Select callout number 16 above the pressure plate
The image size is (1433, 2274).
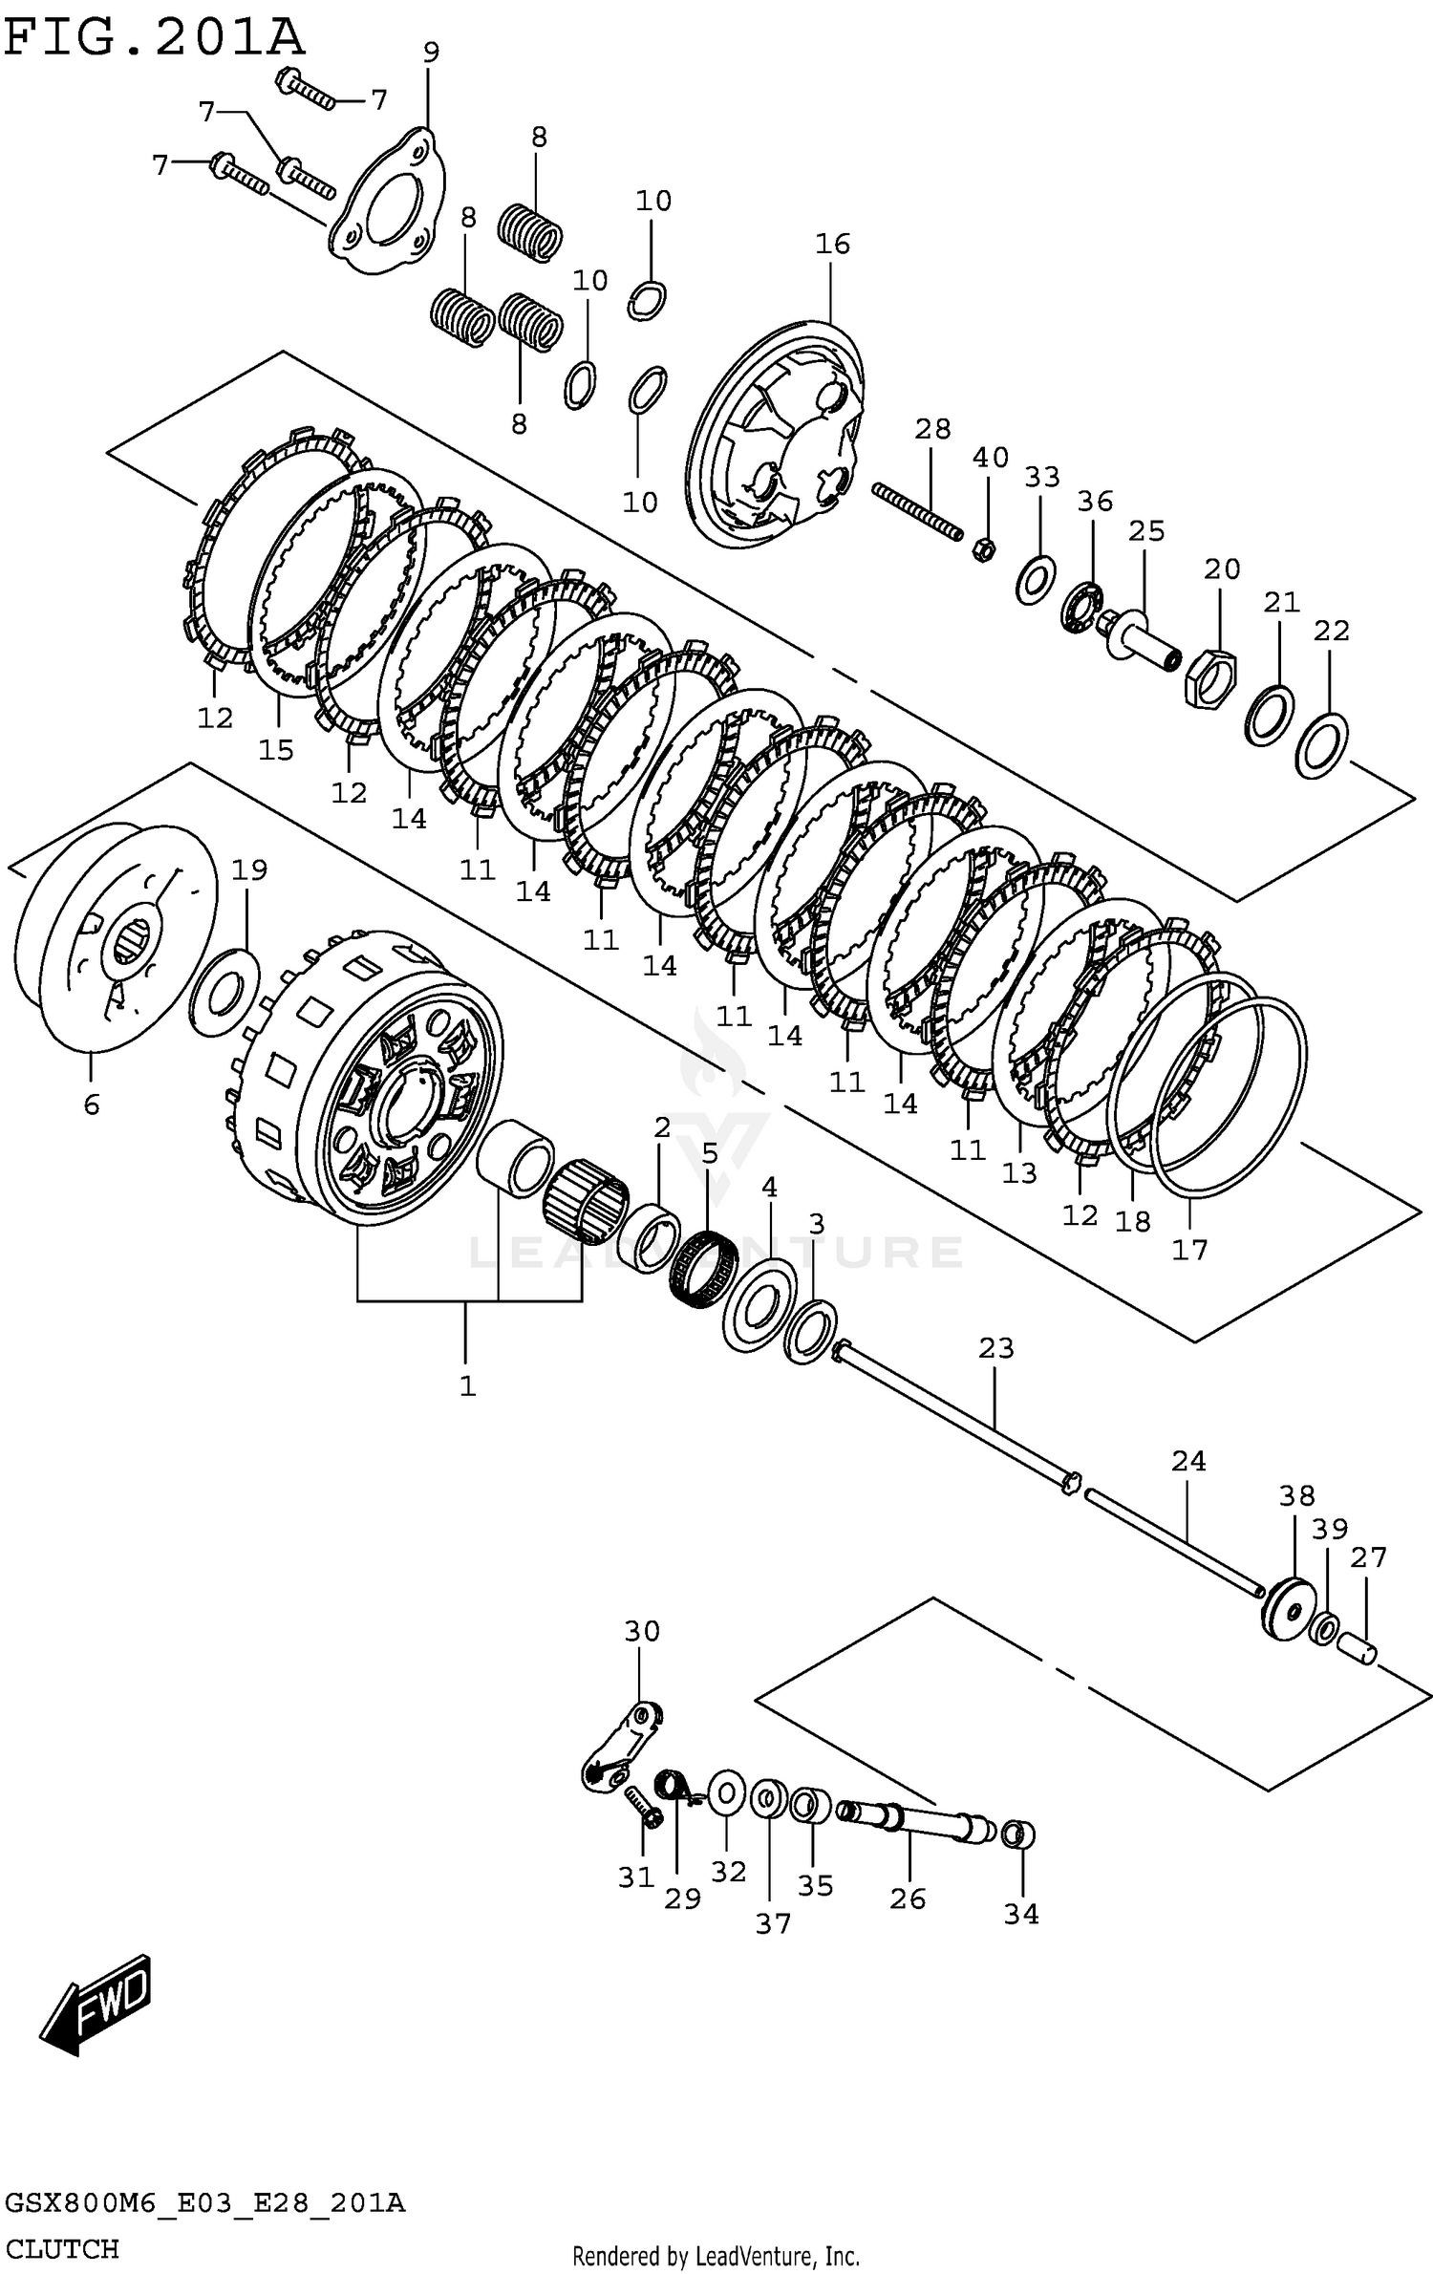pos(832,245)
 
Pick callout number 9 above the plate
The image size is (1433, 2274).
pos(431,53)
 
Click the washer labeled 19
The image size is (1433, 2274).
pos(225,993)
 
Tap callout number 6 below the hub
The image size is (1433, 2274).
pos(92,1105)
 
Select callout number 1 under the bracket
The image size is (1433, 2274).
pos(467,1386)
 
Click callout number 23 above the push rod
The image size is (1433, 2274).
pos(995,1348)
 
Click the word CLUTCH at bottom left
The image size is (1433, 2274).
pos(62,2248)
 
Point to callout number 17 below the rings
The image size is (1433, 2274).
pos(1190,1249)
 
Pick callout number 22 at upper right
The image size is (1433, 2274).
pos(1332,631)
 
